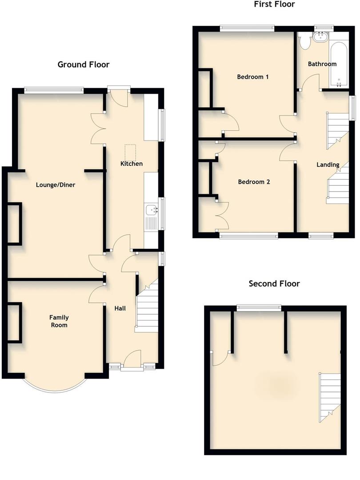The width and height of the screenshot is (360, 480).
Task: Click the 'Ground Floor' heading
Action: click(x=84, y=64)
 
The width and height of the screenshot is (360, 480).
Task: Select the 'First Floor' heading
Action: click(x=274, y=4)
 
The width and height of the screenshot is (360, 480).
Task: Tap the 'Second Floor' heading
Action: click(x=274, y=284)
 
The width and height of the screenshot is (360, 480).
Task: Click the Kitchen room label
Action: click(x=132, y=164)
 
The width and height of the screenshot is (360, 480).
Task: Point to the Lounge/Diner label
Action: click(x=56, y=185)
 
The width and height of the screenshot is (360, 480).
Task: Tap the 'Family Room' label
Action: click(x=59, y=321)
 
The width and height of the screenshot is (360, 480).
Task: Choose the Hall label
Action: click(x=120, y=308)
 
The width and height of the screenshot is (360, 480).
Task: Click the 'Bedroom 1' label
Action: click(x=252, y=77)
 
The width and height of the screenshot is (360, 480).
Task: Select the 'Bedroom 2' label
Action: click(x=254, y=182)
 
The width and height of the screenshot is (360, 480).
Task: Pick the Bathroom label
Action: click(x=322, y=64)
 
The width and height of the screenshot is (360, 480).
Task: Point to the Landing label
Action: click(x=328, y=165)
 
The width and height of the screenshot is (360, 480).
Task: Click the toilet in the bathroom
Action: click(x=305, y=42)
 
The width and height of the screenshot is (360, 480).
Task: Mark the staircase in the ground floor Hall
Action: click(x=147, y=307)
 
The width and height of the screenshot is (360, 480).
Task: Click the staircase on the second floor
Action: click(x=329, y=396)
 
